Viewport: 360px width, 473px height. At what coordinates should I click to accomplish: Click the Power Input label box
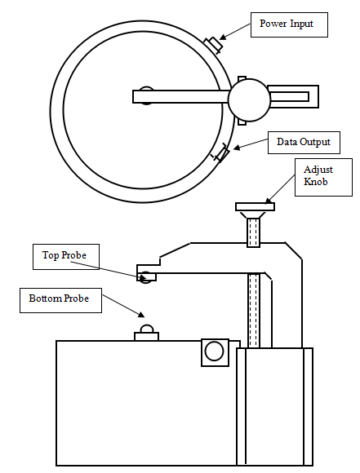click(x=289, y=24)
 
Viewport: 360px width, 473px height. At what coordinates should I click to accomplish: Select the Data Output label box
click(x=304, y=143)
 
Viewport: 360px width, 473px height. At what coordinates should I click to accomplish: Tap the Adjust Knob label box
click(x=323, y=178)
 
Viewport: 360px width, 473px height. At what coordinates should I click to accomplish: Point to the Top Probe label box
click(x=66, y=257)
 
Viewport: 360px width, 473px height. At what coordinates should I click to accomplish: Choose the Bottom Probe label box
click(x=60, y=300)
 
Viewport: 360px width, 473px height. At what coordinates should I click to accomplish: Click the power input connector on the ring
click(x=214, y=45)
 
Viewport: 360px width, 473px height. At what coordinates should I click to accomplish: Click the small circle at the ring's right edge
click(x=249, y=100)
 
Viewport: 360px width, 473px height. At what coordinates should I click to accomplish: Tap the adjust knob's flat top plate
click(x=255, y=206)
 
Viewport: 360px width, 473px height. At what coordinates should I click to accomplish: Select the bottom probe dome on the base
click(x=146, y=329)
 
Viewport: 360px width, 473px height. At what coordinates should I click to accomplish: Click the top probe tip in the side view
click(x=146, y=277)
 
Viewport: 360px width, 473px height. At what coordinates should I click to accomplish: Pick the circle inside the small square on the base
click(x=214, y=351)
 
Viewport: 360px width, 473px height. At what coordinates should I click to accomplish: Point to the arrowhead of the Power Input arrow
click(x=222, y=38)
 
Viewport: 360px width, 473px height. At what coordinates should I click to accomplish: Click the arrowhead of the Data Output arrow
click(x=238, y=148)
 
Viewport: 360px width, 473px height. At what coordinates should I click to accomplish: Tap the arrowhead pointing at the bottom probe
click(x=141, y=314)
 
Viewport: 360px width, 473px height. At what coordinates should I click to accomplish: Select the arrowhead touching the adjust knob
click(x=269, y=201)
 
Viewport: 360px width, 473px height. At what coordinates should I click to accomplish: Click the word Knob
click(x=315, y=182)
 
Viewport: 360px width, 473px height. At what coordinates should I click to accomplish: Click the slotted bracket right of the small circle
click(x=293, y=96)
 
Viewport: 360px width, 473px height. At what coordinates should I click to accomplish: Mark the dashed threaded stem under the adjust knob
click(x=253, y=232)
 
